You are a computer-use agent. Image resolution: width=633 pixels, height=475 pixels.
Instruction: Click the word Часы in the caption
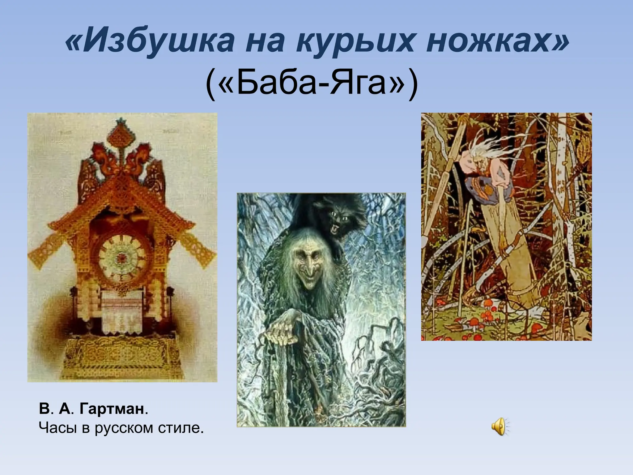tap(57, 428)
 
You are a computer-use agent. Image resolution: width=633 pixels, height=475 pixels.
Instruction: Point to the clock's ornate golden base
tap(122, 359)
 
